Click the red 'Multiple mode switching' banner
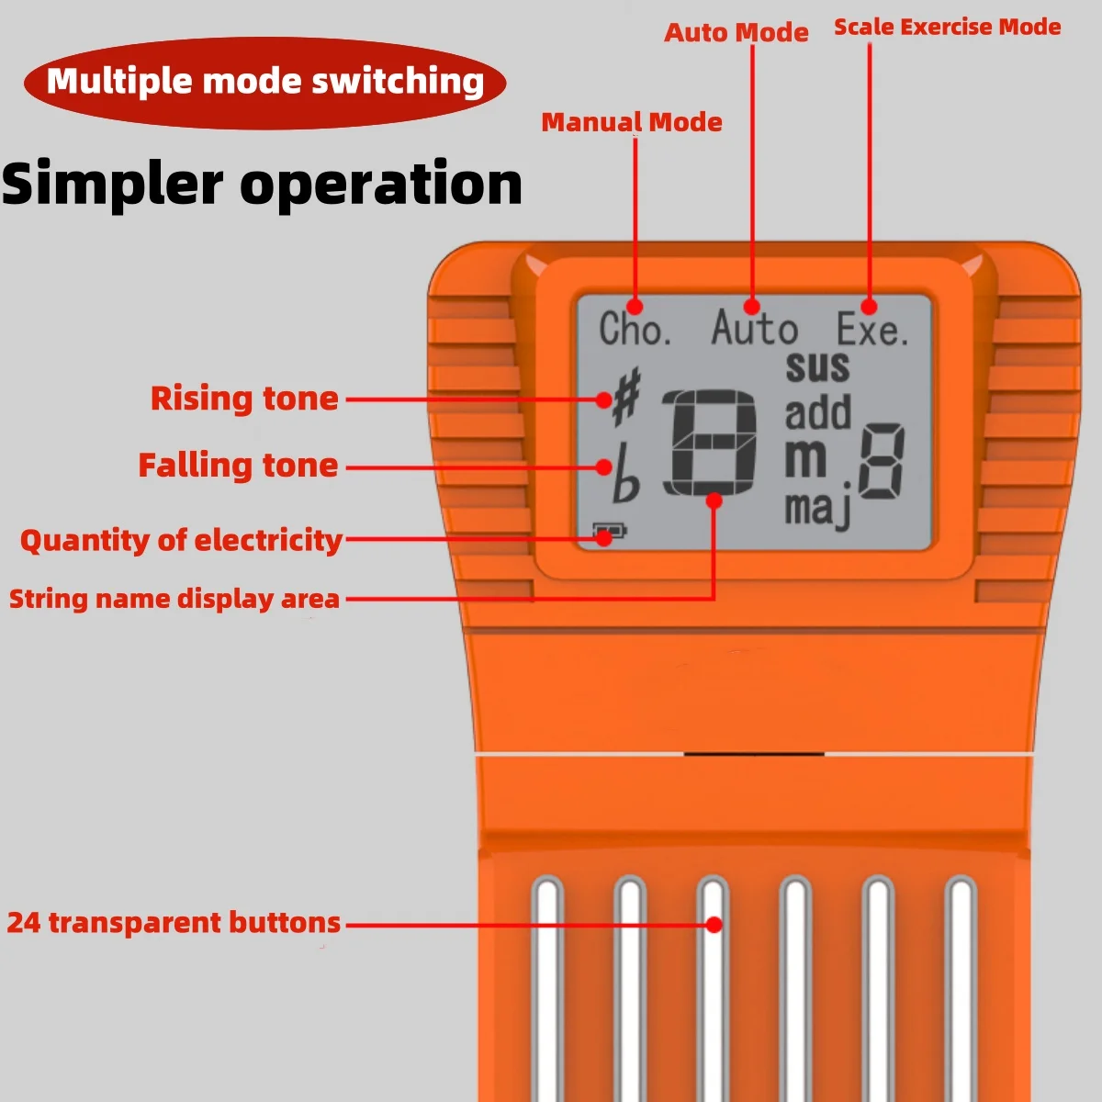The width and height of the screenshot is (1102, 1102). pyautogui.click(x=264, y=83)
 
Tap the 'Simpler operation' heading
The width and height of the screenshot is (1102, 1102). pyautogui.click(x=262, y=184)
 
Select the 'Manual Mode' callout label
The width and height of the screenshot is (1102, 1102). pyautogui.click(x=631, y=122)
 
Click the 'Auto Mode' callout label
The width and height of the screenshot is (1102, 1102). pyautogui.click(x=736, y=32)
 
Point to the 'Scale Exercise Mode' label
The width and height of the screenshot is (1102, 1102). pyautogui.click(x=947, y=27)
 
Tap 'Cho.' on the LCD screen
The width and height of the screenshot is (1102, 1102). pyautogui.click(x=635, y=329)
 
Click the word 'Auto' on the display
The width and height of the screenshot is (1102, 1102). pyautogui.click(x=754, y=328)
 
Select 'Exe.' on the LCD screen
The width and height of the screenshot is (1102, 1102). pyautogui.click(x=872, y=329)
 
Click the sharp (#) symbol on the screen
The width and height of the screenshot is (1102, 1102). pyautogui.click(x=626, y=397)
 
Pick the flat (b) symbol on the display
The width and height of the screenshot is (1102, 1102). pyautogui.click(x=625, y=474)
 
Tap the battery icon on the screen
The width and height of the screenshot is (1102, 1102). pyautogui.click(x=610, y=532)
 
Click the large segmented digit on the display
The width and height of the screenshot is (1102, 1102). pyautogui.click(x=710, y=443)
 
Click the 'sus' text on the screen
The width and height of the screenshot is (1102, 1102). pyautogui.click(x=817, y=367)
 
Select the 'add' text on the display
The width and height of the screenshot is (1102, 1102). pyautogui.click(x=818, y=411)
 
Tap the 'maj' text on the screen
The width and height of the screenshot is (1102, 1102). pyautogui.click(x=818, y=509)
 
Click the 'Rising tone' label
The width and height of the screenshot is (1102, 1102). pyautogui.click(x=244, y=399)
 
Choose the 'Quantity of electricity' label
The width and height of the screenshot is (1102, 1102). pyautogui.click(x=181, y=540)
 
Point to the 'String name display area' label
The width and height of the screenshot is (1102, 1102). pyautogui.click(x=174, y=600)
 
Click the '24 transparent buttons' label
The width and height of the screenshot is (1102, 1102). pyautogui.click(x=174, y=922)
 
